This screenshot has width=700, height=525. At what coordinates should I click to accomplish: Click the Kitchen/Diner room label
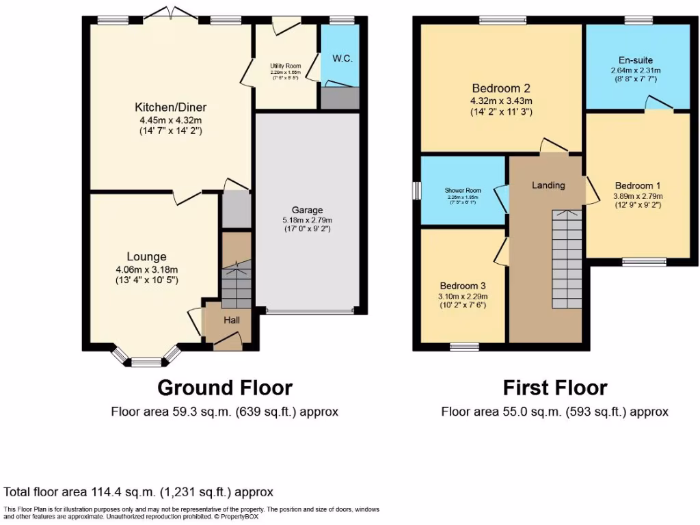pos(170,107)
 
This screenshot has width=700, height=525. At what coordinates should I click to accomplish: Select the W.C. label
pos(342,58)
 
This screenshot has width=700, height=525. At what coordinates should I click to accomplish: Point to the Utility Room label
pos(285,66)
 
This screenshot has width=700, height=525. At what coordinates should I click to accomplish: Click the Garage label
pos(307,210)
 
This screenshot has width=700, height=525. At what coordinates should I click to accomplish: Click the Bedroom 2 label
pos(502,88)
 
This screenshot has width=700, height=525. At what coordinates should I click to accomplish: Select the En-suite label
pos(636,60)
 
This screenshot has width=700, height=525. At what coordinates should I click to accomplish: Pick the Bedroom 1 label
pos(638,185)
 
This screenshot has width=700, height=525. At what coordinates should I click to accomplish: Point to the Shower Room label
pos(463,191)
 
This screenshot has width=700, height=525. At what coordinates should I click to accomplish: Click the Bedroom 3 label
pos(463,285)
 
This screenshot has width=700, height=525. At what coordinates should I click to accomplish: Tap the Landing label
pos(548,185)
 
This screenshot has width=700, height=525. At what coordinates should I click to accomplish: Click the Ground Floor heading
pos(225,388)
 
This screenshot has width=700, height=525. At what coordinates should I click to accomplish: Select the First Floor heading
pos(554,388)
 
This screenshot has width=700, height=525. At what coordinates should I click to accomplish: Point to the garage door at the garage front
pos(310,311)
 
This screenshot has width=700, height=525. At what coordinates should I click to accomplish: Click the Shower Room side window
pos(416,190)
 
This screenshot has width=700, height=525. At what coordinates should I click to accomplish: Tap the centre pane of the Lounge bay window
pos(146,362)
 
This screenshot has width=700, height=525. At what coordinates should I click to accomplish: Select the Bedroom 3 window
pos(464,347)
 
